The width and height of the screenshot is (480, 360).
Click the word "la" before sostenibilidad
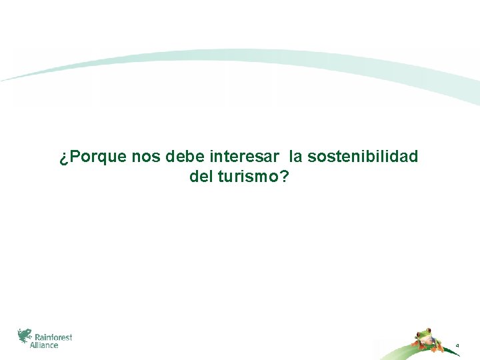pyautogui.click(x=296, y=157)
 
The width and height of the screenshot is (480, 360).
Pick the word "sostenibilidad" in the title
pyautogui.click(x=363, y=157)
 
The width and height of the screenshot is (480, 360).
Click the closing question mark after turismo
pyautogui.click(x=285, y=178)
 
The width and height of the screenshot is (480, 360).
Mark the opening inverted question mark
pyautogui.click(x=63, y=158)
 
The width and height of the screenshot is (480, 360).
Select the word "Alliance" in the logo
pyautogui.click(x=45, y=345)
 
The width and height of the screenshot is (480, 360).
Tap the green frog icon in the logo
pyautogui.click(x=25, y=336)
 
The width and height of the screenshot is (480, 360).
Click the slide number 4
pyautogui.click(x=457, y=345)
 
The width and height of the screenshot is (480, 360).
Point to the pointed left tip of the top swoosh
pyautogui.click(x=3, y=81)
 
